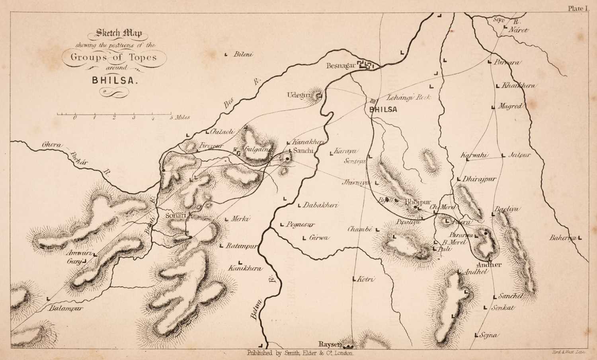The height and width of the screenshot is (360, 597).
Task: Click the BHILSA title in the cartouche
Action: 115,79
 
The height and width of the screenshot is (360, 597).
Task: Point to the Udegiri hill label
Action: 298,95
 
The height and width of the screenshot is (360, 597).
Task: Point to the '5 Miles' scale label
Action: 180,117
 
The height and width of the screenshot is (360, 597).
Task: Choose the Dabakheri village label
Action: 320,206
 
